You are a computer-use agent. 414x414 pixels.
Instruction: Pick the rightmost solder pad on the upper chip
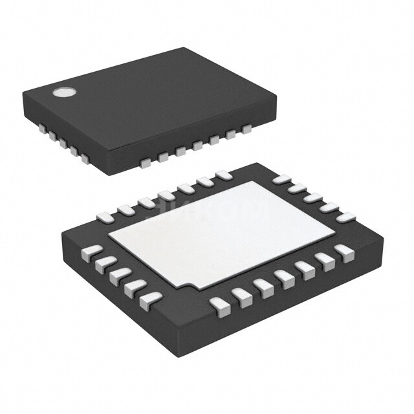tap(246, 130)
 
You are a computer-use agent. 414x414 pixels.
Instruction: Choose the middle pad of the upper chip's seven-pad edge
tap(196, 147)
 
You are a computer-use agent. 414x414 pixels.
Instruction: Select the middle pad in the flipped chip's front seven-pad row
tap(283, 278)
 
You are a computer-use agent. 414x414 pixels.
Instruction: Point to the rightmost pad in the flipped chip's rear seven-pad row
tap(224, 175)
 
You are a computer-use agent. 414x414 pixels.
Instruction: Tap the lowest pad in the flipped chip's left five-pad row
tap(149, 298)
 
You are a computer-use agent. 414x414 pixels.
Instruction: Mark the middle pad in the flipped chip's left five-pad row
tap(118, 275)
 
